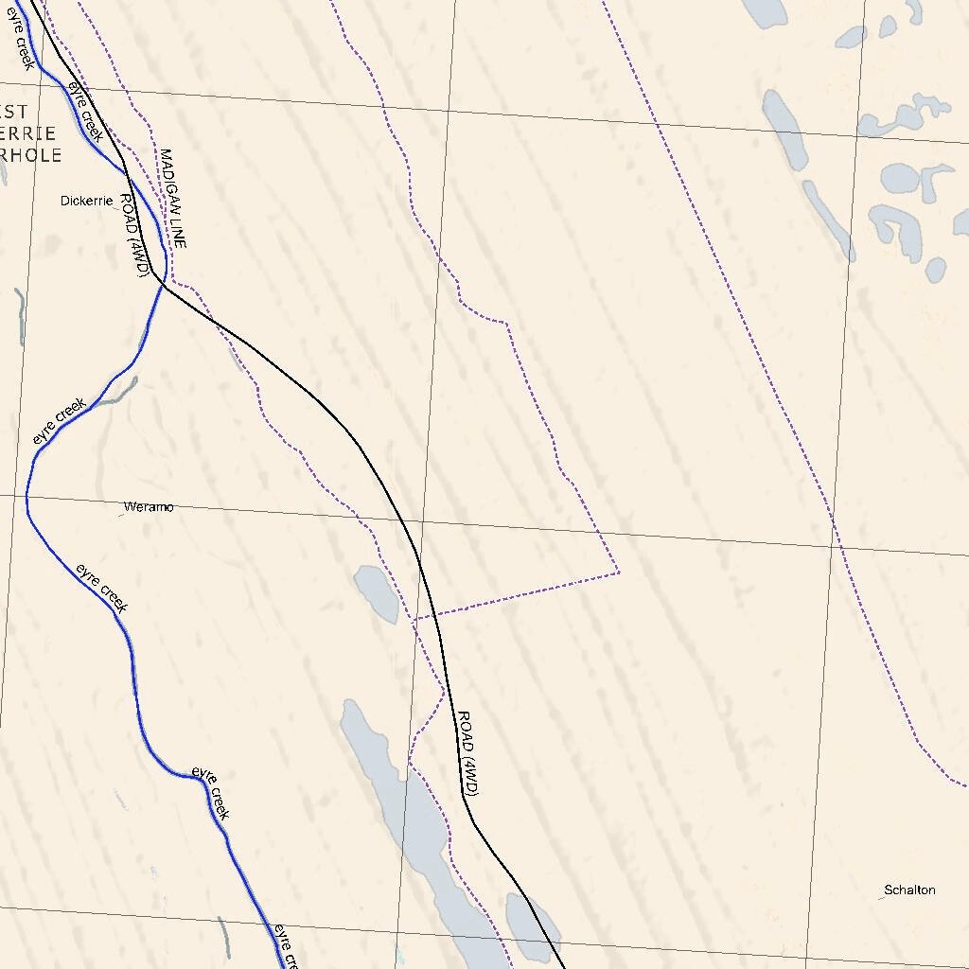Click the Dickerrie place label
[x=86, y=201]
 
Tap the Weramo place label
[x=149, y=507]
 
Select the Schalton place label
[x=909, y=890]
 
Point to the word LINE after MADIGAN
[x=177, y=231]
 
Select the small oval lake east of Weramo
[x=377, y=594]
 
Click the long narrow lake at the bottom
[x=407, y=814]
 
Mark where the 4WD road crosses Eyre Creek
[x=161, y=281]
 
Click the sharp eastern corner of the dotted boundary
[x=618, y=572]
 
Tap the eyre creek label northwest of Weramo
[x=59, y=422]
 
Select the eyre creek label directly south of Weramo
[x=101, y=588]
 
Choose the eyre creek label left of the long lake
[x=210, y=791]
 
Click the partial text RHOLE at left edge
[x=30, y=155]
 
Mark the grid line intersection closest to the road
[x=421, y=520]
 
